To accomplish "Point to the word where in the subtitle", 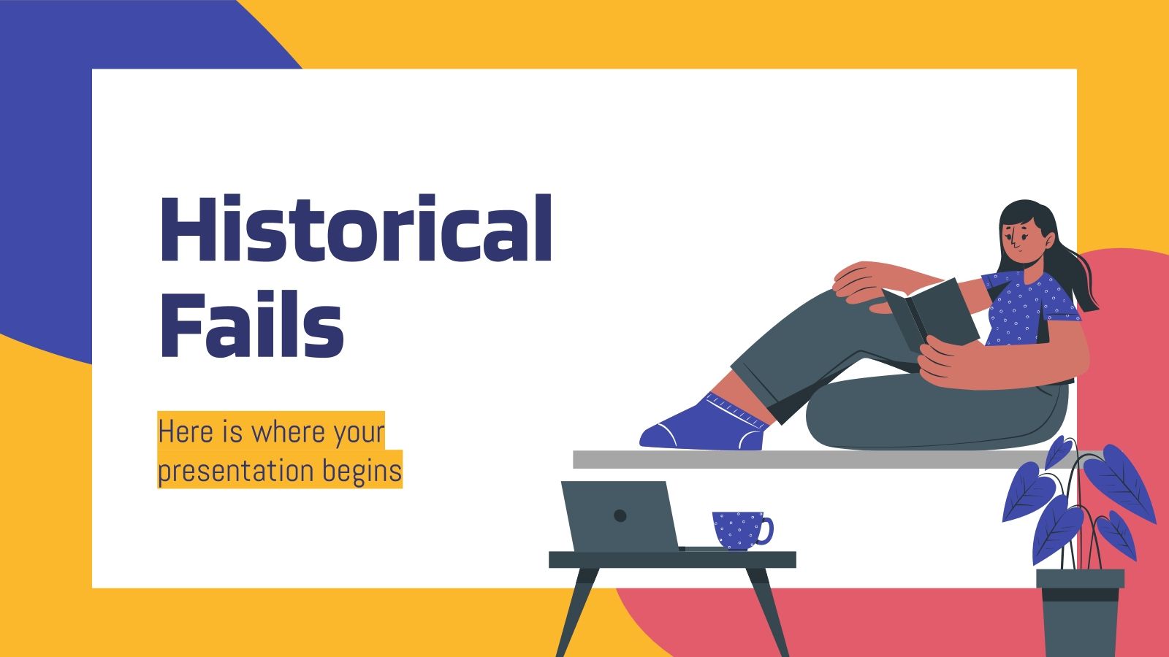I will click(x=288, y=431).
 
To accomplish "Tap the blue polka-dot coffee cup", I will click(x=738, y=529).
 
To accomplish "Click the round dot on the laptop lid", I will click(x=620, y=516).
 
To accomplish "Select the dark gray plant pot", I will click(x=1080, y=613).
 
